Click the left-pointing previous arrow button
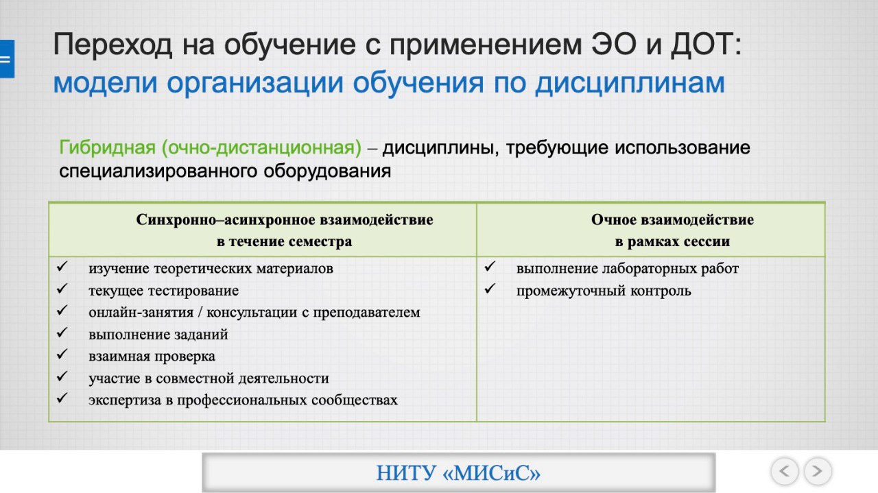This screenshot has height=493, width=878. (784, 471)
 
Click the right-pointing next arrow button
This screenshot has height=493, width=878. (818, 471)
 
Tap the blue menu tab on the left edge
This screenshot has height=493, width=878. (7, 59)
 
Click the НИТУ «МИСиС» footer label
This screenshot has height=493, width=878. (458, 473)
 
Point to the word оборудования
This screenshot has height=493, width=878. (327, 171)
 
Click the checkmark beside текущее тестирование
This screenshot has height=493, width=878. (62, 289)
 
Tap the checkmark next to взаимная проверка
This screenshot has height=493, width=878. (62, 354)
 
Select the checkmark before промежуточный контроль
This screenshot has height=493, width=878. (490, 289)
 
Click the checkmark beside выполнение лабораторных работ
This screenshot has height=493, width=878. (490, 267)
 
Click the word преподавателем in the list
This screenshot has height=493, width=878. (366, 313)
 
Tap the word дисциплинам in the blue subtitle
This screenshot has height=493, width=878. (630, 84)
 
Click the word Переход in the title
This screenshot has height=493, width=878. (112, 45)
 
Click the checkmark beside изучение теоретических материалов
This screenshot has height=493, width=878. (62, 267)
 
